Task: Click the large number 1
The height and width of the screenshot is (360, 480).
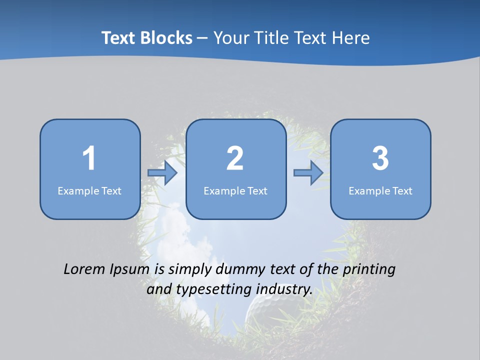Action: pos(89,158)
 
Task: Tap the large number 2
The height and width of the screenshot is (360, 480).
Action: pos(235,158)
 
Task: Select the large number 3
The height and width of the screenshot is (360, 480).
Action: pos(380,158)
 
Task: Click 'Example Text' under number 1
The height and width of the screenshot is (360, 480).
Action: pos(89,191)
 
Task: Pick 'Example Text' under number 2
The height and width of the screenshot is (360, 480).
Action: pos(235,191)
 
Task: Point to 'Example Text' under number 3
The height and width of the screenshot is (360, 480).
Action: pos(380,191)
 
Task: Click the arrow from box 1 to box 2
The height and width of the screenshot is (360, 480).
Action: pos(163,173)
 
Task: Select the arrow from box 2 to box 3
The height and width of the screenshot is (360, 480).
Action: pos(308,173)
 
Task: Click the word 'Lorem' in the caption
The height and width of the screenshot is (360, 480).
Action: pos(84,269)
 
